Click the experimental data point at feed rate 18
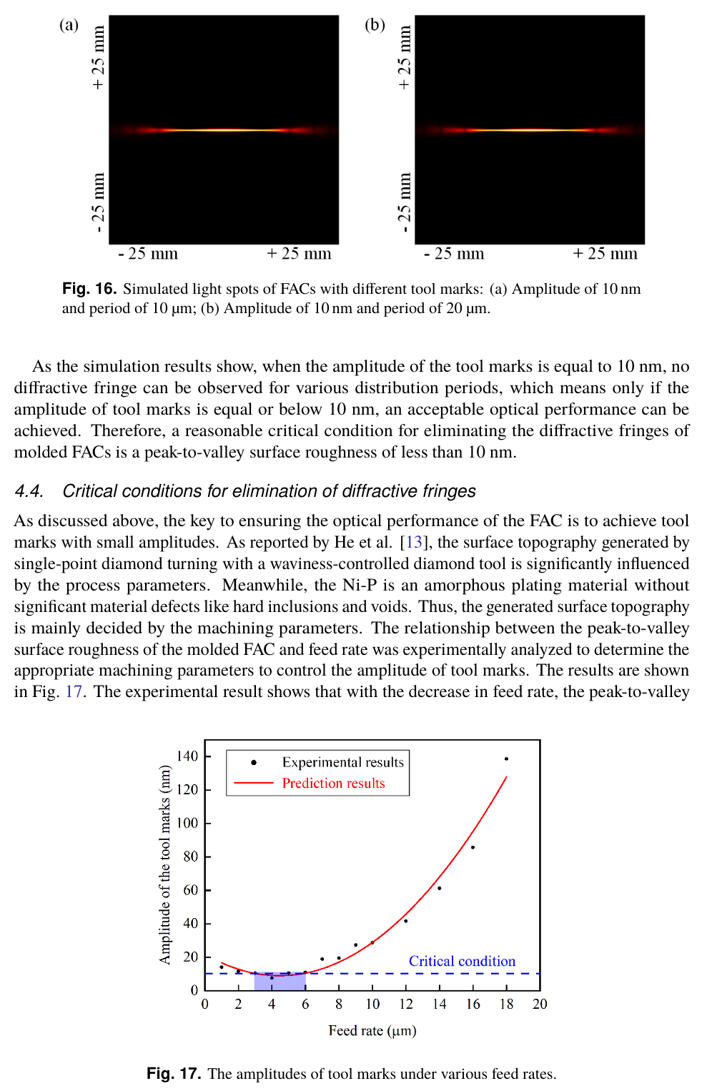[506, 759]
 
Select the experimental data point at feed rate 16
[473, 847]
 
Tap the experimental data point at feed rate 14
[439, 888]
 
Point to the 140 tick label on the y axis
[187, 756]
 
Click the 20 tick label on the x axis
[540, 1004]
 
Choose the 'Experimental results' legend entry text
[342, 762]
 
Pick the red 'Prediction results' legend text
[333, 784]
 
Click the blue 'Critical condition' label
[462, 962]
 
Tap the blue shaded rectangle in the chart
[280, 982]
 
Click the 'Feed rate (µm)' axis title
[372, 1031]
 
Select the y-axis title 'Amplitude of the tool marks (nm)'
[165, 865]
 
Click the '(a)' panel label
[69, 25]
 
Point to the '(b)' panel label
[375, 25]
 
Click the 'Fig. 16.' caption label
[89, 289]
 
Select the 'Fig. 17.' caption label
[174, 1074]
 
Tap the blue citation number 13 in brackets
[415, 543]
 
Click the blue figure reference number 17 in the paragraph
[74, 692]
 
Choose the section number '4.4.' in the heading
[29, 491]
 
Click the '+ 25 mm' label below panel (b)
[605, 254]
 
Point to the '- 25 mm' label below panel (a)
[148, 254]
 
